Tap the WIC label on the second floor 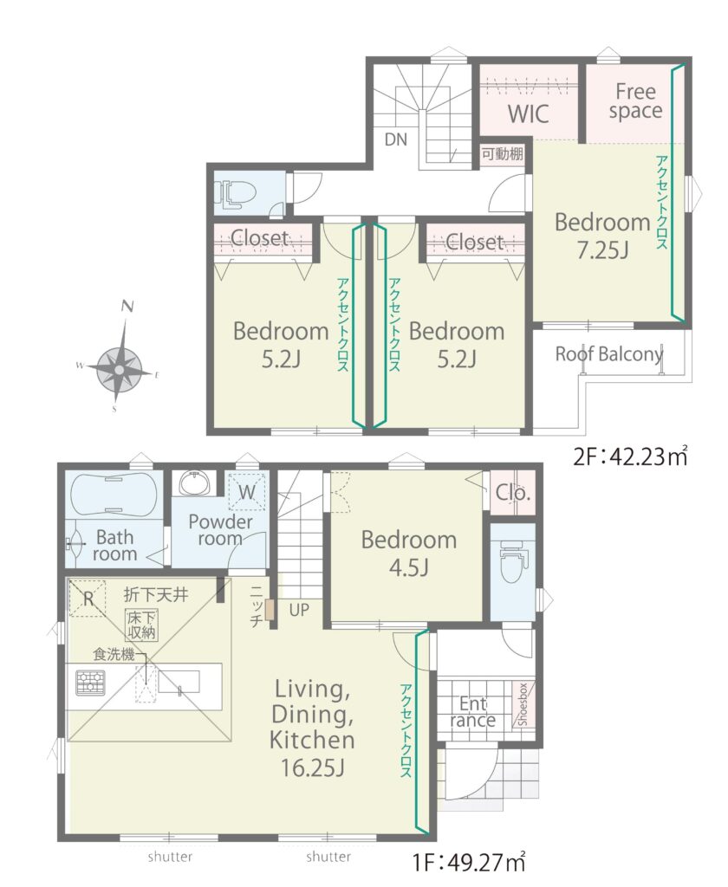(x=528, y=113)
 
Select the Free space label (x=636, y=100)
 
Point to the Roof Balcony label (x=609, y=354)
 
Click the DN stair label (x=396, y=139)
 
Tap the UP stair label (x=300, y=610)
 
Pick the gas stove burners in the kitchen (x=90, y=683)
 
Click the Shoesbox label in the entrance (x=523, y=703)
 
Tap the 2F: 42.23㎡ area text (x=631, y=456)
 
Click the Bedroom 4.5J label (x=409, y=553)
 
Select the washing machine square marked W (x=246, y=492)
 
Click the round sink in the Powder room (x=195, y=484)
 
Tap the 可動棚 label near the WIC (x=502, y=153)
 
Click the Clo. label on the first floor (x=513, y=493)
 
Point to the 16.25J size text (x=313, y=767)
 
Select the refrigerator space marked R (x=88, y=598)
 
